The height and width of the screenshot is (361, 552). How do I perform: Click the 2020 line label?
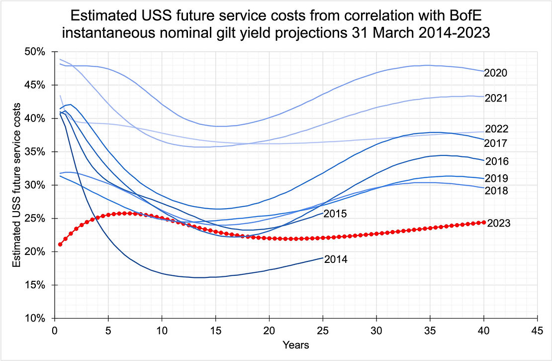pyautogui.click(x=495, y=73)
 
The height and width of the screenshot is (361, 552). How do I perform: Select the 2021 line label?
pyautogui.click(x=495, y=99)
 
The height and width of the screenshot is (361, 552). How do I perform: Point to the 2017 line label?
pyautogui.click(x=495, y=143)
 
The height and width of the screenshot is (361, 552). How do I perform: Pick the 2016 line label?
pyautogui.click(x=495, y=161)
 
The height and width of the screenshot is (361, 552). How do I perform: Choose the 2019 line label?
pyautogui.click(x=495, y=179)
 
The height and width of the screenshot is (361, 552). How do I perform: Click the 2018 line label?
pyautogui.click(x=495, y=191)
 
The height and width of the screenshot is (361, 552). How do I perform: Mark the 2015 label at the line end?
pyautogui.click(x=335, y=214)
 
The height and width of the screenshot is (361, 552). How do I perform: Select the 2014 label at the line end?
pyautogui.click(x=335, y=259)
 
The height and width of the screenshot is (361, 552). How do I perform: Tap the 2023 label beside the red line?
pyautogui.click(x=499, y=223)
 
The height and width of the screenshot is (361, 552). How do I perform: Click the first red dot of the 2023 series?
pyautogui.click(x=60, y=244)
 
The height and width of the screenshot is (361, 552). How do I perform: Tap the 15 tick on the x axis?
pyautogui.click(x=215, y=330)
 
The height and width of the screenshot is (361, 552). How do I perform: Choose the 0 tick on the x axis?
pyautogui.click(x=55, y=330)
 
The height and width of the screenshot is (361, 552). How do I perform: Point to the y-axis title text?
pyautogui.click(x=16, y=185)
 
